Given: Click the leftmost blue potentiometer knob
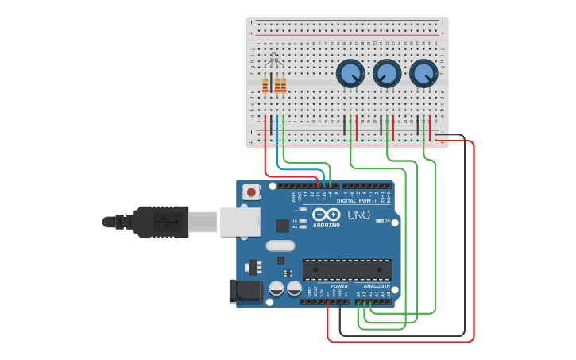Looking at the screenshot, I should pos(350,74).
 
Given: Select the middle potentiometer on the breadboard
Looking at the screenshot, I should pos(387,74).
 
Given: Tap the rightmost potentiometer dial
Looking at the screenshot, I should pos(423,74).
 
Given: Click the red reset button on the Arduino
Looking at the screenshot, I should pos(252,192).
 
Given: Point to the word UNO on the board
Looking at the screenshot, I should pos(358,215).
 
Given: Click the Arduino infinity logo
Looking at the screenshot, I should pos(326,215).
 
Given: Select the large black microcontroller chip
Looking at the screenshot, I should pos(347,269).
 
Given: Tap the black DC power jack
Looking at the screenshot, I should pos(245,292).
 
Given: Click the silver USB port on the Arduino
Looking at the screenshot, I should pos(240,222).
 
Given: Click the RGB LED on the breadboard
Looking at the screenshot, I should pos(274,60).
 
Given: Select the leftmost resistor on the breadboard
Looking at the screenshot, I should pos(265,85).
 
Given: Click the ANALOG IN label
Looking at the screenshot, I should pos(377,285).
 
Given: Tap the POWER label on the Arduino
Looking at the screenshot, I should pos(339,285).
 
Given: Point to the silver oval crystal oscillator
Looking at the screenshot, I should pos(280,246).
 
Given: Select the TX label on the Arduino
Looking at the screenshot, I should pos(296,220).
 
